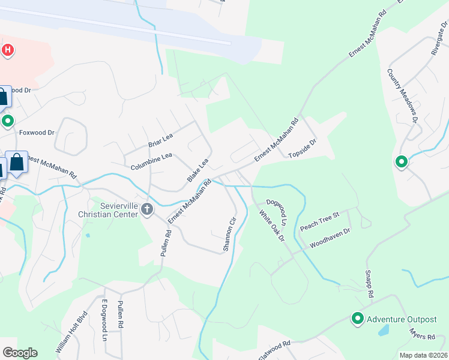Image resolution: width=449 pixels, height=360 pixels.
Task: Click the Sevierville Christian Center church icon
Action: point(148,209)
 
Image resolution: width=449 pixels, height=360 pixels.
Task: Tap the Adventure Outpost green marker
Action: point(358,319)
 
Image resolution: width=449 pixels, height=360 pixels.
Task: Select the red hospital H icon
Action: point(7,50)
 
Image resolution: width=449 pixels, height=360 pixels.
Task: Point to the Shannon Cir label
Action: point(228,234)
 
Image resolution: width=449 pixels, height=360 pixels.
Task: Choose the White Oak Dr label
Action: point(271,226)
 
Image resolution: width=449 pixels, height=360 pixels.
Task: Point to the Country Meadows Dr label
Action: point(402,95)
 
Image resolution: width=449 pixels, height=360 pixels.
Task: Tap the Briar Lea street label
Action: point(160,140)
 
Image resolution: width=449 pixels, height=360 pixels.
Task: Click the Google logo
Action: point(20,353)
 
